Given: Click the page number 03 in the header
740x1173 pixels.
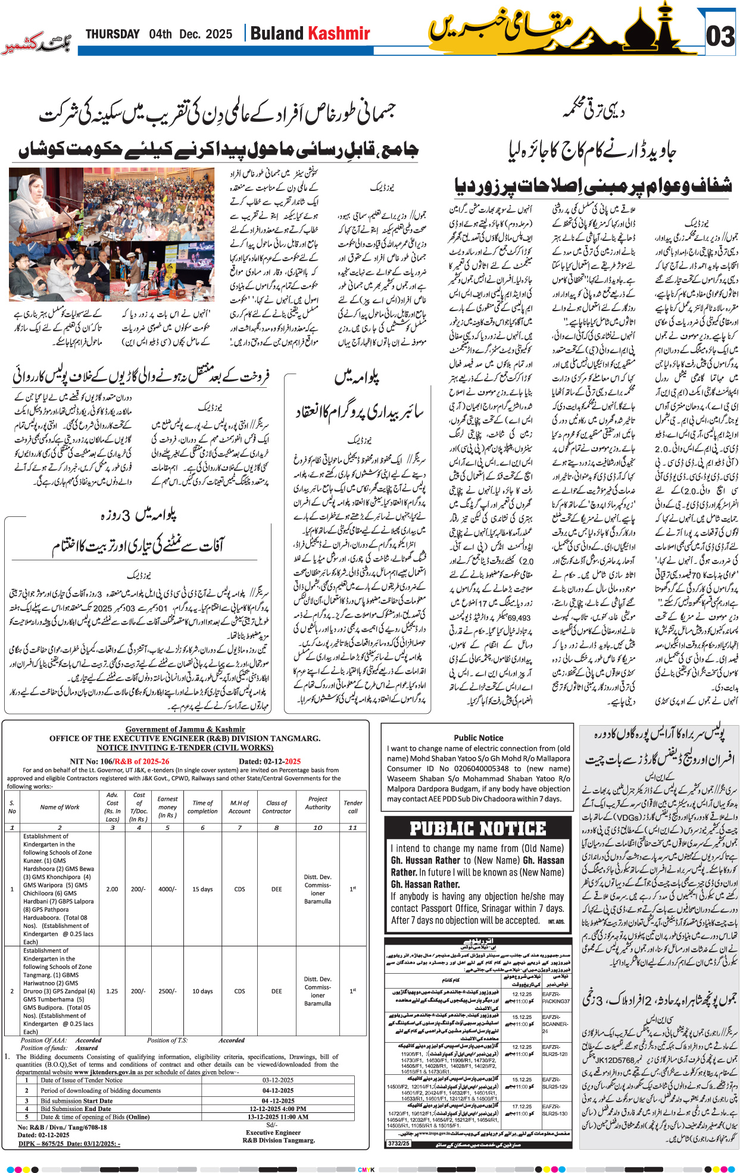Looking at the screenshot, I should [720, 37].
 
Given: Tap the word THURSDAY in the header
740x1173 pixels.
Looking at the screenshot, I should [113, 34].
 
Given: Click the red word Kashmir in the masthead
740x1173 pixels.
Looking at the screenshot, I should [339, 33].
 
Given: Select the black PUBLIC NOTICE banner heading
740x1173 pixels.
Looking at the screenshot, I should [477, 829].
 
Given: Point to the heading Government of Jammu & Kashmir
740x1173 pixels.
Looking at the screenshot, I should [185, 729].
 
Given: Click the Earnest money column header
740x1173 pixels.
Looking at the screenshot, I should [167, 807].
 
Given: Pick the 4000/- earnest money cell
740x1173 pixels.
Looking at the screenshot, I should [167, 889].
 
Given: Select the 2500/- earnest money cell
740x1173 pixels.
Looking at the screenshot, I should [167, 992].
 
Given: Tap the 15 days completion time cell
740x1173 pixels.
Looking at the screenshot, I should [202, 889].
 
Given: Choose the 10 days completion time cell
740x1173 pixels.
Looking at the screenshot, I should [202, 992].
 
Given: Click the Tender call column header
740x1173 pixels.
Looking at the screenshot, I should [352, 807].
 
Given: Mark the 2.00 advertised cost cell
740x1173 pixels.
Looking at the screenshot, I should [112, 889].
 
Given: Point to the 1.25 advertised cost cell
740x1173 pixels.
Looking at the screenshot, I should [112, 992].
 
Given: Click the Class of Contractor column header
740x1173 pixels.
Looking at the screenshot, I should [276, 807].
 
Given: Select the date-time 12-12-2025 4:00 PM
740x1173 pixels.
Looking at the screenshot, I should [277, 1109].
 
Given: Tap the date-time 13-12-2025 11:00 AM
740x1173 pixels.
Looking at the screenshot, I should [277, 1116].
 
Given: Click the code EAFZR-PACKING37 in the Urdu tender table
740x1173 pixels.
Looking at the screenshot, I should [555, 998].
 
